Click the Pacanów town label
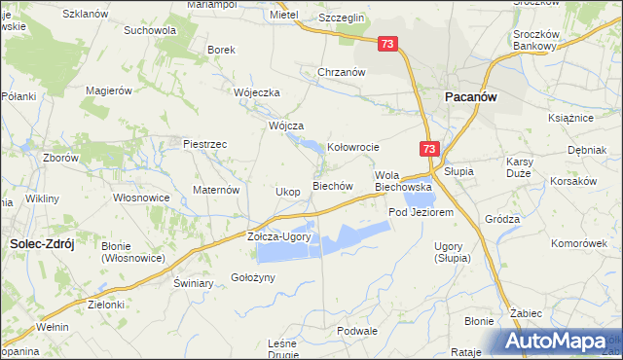click(x=472, y=97)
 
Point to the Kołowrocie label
click(x=352, y=147)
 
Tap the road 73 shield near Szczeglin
click(x=388, y=44)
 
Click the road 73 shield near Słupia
click(x=430, y=149)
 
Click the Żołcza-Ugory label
click(x=279, y=236)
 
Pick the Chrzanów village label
click(x=342, y=72)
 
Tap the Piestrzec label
click(x=205, y=144)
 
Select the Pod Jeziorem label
click(x=421, y=212)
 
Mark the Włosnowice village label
click(x=142, y=198)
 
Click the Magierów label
click(x=109, y=90)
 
